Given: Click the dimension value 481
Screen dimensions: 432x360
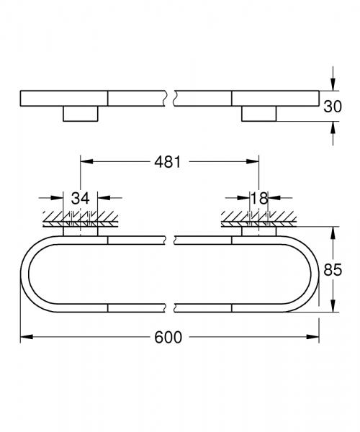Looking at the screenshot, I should (x=168, y=163).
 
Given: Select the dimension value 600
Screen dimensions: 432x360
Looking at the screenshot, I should (x=169, y=337).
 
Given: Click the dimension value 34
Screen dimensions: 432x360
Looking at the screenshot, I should (x=79, y=197).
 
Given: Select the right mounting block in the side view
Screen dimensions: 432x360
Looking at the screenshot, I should (x=260, y=113).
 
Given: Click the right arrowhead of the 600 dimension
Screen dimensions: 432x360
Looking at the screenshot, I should (x=315, y=336).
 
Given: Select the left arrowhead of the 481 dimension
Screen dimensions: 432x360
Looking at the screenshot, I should (x=84, y=163).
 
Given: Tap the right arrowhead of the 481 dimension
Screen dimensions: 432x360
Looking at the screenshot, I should (x=254, y=163).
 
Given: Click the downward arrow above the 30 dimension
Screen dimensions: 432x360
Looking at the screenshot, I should (x=333, y=83).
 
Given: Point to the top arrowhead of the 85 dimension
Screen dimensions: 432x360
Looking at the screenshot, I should (x=333, y=231).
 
